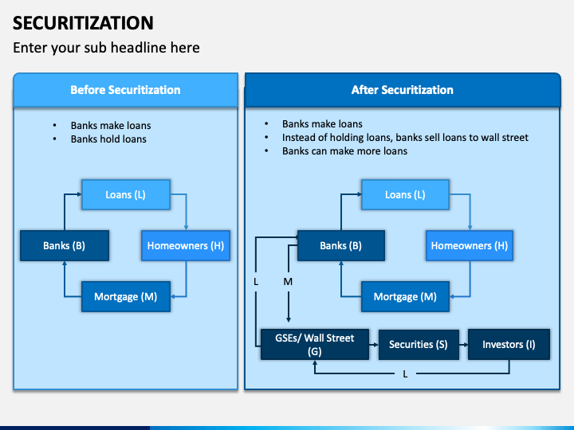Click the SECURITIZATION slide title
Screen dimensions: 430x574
click(x=84, y=22)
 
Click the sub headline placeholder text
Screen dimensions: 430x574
click(x=106, y=48)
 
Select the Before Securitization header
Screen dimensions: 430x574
click(x=125, y=90)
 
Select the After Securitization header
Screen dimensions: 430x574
click(x=402, y=90)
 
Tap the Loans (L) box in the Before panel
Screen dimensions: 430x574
click(x=126, y=195)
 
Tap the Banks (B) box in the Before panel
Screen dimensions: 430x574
click(x=64, y=246)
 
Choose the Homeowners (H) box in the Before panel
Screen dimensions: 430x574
click(x=186, y=246)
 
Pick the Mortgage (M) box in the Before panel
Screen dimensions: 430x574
click(x=126, y=297)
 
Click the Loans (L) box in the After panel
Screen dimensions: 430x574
click(x=404, y=195)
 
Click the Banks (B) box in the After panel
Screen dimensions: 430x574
click(x=340, y=246)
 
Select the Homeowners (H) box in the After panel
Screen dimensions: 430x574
click(x=469, y=246)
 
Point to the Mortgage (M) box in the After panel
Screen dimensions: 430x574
click(x=405, y=297)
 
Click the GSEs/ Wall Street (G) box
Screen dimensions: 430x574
click(x=315, y=344)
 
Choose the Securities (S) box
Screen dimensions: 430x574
click(x=418, y=344)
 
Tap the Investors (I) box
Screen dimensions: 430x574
click(x=508, y=344)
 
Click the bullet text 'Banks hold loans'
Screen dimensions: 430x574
click(x=108, y=139)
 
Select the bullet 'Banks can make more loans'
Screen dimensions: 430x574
click(x=344, y=150)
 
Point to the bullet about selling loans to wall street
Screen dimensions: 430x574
click(x=405, y=137)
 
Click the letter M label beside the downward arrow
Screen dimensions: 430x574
click(x=288, y=282)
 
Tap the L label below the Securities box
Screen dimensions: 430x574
click(x=405, y=373)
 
